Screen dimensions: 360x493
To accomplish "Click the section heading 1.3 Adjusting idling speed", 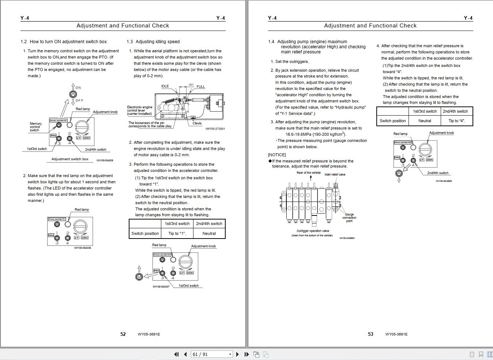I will pyautogui.click(x=153, y=42).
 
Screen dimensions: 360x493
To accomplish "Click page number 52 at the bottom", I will pyautogui.click(x=123, y=334).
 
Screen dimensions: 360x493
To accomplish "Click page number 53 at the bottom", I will pyautogui.click(x=370, y=334).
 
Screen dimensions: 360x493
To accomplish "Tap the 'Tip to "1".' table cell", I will pyautogui.click(x=177, y=233).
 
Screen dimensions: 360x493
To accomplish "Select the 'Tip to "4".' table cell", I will pyautogui.click(x=457, y=121).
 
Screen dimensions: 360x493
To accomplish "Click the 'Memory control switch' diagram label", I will pyautogui.click(x=35, y=127).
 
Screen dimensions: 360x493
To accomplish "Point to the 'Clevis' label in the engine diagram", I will pyautogui.click(x=197, y=123).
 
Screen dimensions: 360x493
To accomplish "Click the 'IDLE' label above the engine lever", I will pyautogui.click(x=165, y=86).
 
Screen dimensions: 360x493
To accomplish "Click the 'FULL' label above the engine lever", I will pyautogui.click(x=201, y=87).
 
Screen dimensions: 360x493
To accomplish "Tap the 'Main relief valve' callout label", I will pyautogui.click(x=335, y=175).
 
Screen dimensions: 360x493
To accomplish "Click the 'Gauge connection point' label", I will pyautogui.click(x=349, y=218).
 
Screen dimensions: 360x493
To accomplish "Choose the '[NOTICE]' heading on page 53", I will pyautogui.click(x=277, y=155).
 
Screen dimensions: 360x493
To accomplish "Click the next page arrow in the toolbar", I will pyautogui.click(x=238, y=354).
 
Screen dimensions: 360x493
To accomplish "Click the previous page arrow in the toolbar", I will pyautogui.click(x=185, y=354).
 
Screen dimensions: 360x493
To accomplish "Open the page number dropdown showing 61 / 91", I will pyautogui.click(x=230, y=354).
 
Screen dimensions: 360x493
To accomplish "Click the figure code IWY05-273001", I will pyautogui.click(x=215, y=129).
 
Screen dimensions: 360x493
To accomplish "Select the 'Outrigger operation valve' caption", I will pyautogui.click(x=313, y=231).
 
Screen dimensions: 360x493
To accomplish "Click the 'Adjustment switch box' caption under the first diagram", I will pyautogui.click(x=70, y=159).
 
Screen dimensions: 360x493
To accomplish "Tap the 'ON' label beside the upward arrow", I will pyautogui.click(x=78, y=88).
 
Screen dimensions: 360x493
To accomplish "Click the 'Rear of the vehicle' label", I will pyautogui.click(x=308, y=173).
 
